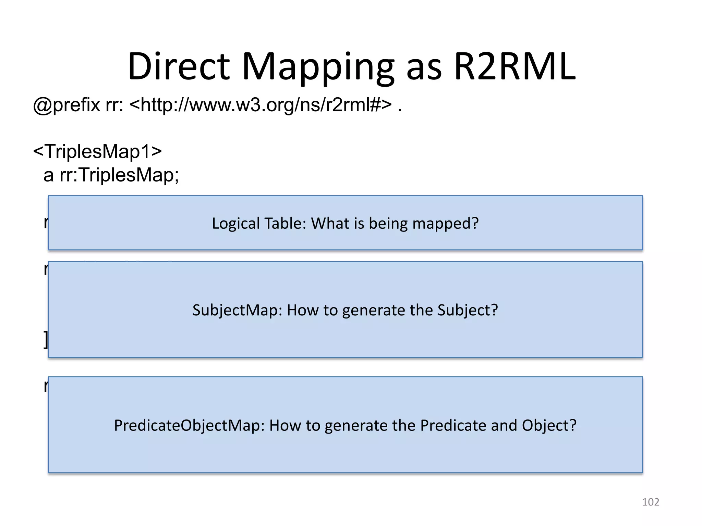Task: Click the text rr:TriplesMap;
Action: (x=119, y=175)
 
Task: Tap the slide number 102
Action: (x=650, y=502)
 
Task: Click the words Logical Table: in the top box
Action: (x=259, y=223)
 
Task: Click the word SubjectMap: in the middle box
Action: (x=237, y=310)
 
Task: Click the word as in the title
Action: (x=424, y=68)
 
